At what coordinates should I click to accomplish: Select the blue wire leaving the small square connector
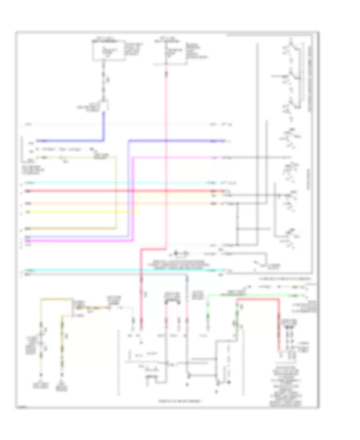(x=72, y=141)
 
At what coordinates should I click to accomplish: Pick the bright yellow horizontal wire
(x=80, y=211)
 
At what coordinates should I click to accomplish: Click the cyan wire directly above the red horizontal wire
(x=120, y=183)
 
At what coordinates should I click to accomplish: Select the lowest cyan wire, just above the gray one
(x=120, y=270)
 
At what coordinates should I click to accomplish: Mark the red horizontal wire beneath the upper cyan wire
(x=120, y=191)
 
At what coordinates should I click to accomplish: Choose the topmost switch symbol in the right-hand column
(x=292, y=48)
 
